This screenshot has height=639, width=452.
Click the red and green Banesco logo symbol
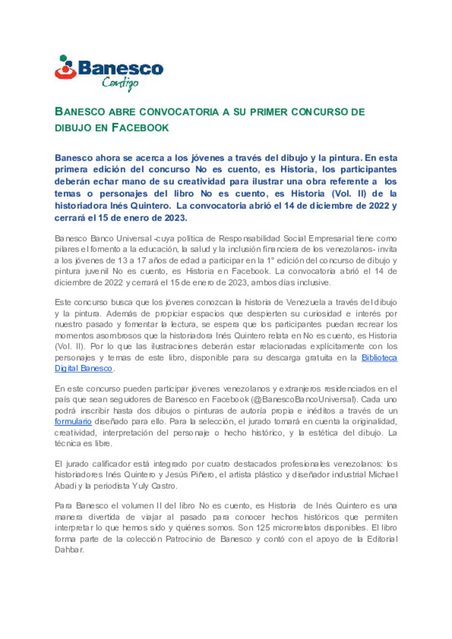pos(65,67)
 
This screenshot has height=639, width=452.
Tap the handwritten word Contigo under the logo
pos(120,83)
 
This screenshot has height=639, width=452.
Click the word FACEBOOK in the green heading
pos(140,128)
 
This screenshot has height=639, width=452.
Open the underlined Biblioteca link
pos(379,358)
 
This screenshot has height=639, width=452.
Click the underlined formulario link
pos(73,422)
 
